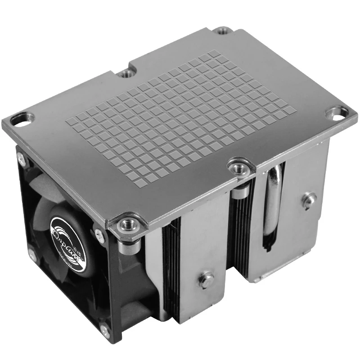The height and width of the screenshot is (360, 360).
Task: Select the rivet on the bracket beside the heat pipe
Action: click(308, 200)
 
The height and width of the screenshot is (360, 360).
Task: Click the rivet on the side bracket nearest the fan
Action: click(207, 279)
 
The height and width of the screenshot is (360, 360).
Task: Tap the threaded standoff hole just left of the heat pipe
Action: click(237, 168)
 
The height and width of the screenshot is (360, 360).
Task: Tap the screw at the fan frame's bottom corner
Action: click(104, 332)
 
